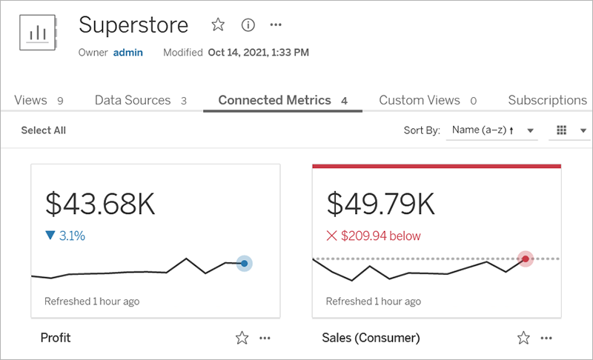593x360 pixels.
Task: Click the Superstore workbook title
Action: coord(133,25)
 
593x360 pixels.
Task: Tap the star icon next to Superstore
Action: coord(218,25)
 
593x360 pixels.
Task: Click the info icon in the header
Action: coord(248,25)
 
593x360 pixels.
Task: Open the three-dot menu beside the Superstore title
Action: coord(276,25)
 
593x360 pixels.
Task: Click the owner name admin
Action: coord(127,53)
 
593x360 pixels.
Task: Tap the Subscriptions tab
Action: coord(547,100)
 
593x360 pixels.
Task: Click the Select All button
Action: coord(43,130)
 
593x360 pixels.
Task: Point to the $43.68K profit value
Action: coord(100,204)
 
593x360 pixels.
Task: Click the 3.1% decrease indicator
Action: coord(65,236)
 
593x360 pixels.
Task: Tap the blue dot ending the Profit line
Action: coord(244,263)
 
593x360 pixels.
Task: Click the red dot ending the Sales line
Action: coord(526,259)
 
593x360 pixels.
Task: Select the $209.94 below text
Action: coord(374,236)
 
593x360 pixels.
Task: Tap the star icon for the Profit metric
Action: coord(242,338)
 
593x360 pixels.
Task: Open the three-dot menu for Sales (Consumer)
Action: coord(547,338)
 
